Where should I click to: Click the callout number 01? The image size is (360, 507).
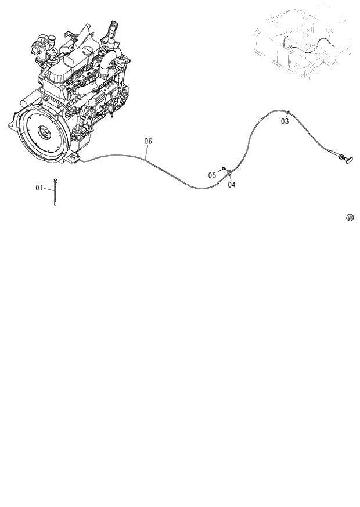39,188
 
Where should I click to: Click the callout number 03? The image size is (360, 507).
285,121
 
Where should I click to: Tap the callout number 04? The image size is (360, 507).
232,185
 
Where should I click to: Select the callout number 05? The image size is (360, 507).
213,175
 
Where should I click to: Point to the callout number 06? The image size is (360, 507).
148,141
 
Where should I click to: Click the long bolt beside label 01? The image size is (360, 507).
55,192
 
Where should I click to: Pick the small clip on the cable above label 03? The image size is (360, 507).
288,112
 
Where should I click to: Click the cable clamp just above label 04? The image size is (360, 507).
230,172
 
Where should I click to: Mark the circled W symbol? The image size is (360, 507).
350,218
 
